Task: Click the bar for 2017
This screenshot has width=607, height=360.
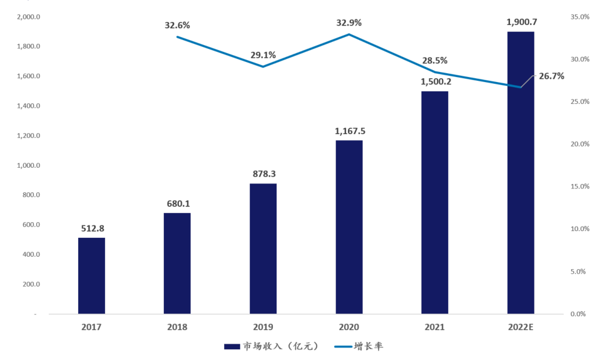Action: (x=91, y=275)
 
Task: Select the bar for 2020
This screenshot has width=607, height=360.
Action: (x=349, y=227)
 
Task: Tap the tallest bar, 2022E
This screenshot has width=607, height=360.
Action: (x=521, y=172)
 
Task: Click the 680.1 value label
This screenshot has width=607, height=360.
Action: (x=177, y=203)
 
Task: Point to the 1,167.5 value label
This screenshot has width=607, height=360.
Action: (x=349, y=131)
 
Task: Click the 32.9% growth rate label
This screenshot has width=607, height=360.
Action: (x=349, y=23)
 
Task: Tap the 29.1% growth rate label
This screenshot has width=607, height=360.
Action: (x=263, y=55)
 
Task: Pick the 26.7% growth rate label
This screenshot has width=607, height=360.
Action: (x=551, y=76)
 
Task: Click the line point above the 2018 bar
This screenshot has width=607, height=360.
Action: (x=177, y=37)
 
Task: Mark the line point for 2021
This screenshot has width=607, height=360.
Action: (x=435, y=72)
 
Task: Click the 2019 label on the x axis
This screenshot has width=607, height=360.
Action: (x=263, y=327)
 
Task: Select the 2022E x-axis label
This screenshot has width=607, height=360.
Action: (x=521, y=327)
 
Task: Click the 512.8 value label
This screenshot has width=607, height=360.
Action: (x=91, y=228)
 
